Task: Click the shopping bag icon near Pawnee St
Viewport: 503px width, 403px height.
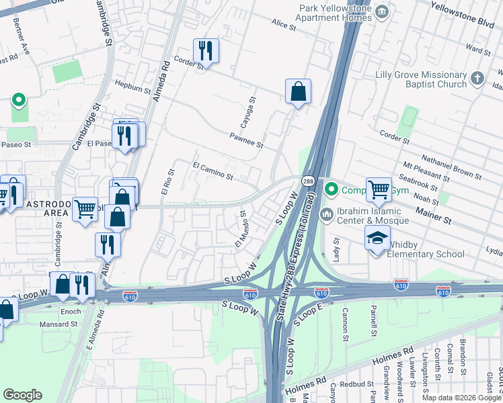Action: pyautogui.click(x=298, y=91)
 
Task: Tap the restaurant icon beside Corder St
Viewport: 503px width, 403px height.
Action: pyautogui.click(x=206, y=51)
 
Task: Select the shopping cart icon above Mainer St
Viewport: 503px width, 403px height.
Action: pyautogui.click(x=379, y=189)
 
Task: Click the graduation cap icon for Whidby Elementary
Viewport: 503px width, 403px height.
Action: pyautogui.click(x=377, y=238)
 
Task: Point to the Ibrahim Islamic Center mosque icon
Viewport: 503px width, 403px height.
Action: pyautogui.click(x=327, y=215)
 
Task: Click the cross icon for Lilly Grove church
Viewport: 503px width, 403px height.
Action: pyautogui.click(x=477, y=78)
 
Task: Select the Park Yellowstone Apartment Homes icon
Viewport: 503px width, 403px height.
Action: pyautogui.click(x=382, y=11)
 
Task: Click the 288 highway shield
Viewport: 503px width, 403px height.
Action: pyautogui.click(x=307, y=181)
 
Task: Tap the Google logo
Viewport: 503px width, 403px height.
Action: pyautogui.click(x=23, y=395)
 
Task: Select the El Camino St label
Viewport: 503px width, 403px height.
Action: pyautogui.click(x=212, y=171)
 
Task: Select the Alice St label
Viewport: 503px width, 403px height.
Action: pyautogui.click(x=284, y=26)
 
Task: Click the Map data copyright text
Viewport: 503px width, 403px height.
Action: pyautogui.click(x=455, y=397)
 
